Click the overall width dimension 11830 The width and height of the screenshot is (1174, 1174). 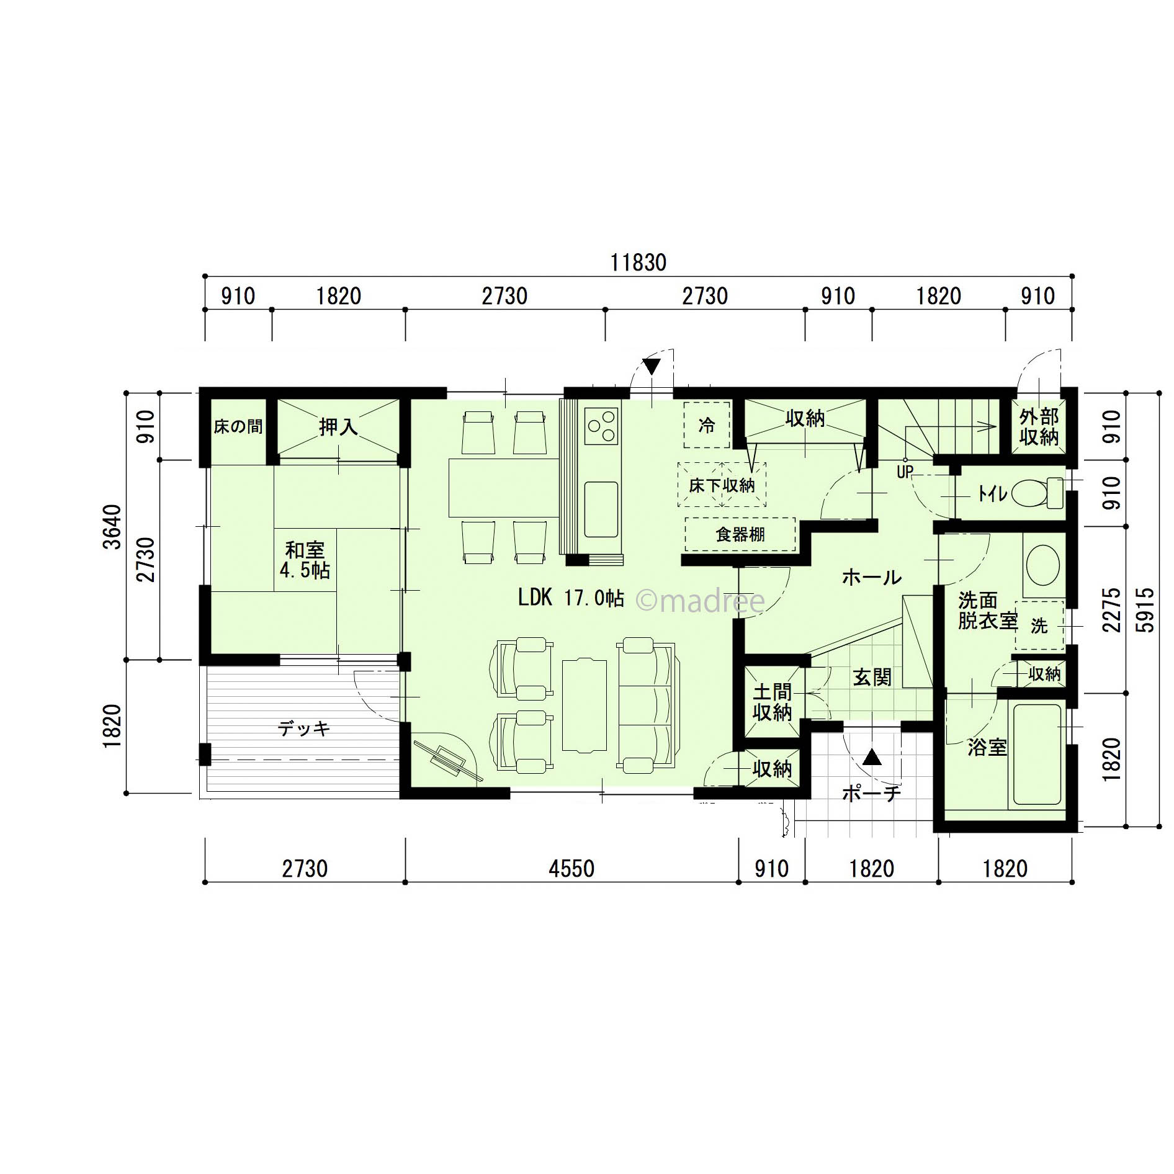point(638,262)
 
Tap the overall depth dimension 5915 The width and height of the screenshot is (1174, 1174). point(1145,610)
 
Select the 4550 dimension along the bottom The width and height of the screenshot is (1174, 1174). point(571,869)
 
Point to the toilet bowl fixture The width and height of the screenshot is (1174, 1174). point(1037,493)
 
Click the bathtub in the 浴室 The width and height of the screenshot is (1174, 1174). point(1037,754)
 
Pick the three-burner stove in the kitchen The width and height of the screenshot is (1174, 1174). point(601,426)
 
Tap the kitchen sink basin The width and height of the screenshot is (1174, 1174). point(601,509)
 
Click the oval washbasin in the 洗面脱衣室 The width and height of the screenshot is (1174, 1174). point(1043,565)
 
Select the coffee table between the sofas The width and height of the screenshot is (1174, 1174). point(584,706)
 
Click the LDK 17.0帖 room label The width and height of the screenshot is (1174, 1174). point(571,598)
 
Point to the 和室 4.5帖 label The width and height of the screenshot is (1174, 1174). point(305,560)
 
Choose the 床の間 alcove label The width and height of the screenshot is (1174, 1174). point(238,426)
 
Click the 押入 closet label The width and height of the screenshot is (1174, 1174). point(338,426)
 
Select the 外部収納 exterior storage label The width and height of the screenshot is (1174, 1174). point(1039,427)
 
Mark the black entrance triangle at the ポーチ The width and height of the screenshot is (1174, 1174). point(872,757)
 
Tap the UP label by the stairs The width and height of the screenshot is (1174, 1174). point(905,472)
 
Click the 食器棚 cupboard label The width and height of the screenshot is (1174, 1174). point(740,534)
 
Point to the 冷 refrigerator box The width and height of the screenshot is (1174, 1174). point(707,425)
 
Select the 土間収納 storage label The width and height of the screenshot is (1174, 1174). point(773,702)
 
